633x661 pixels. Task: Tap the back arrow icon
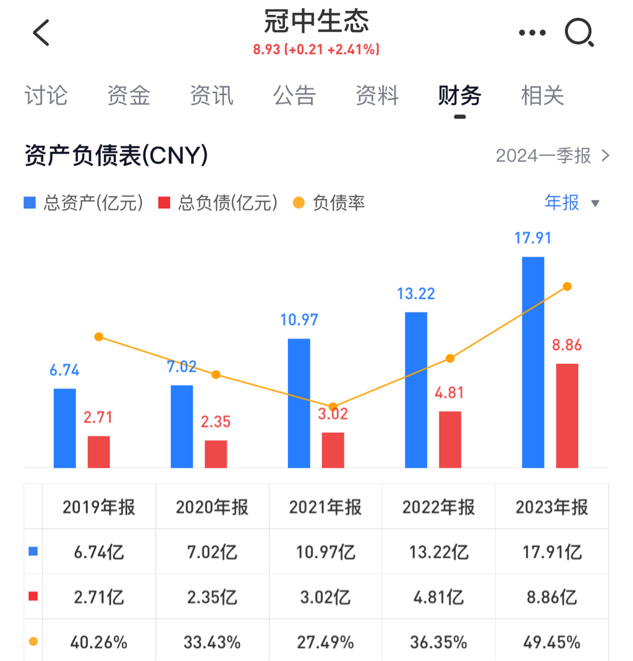[x=41, y=33]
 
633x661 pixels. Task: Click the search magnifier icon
[x=579, y=33]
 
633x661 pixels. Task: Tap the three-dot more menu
[x=532, y=33]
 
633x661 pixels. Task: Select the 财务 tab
[x=459, y=96]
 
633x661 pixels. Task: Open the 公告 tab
[x=294, y=96]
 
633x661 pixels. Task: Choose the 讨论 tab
[x=46, y=96]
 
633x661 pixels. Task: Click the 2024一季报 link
[x=552, y=156]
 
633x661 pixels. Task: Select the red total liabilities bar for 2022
[x=450, y=439]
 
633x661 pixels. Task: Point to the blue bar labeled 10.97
[x=299, y=403]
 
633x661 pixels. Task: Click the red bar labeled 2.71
[x=99, y=452]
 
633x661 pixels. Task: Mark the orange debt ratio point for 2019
[x=99, y=337]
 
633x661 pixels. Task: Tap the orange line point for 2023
[x=567, y=287]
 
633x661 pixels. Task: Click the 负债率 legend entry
[x=329, y=203]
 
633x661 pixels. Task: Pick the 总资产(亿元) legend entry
[x=83, y=203]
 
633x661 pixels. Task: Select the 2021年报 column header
[x=325, y=507]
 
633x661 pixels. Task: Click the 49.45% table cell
[x=552, y=642]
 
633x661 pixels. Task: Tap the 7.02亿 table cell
[x=212, y=552]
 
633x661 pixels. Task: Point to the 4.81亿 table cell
[x=439, y=597]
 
